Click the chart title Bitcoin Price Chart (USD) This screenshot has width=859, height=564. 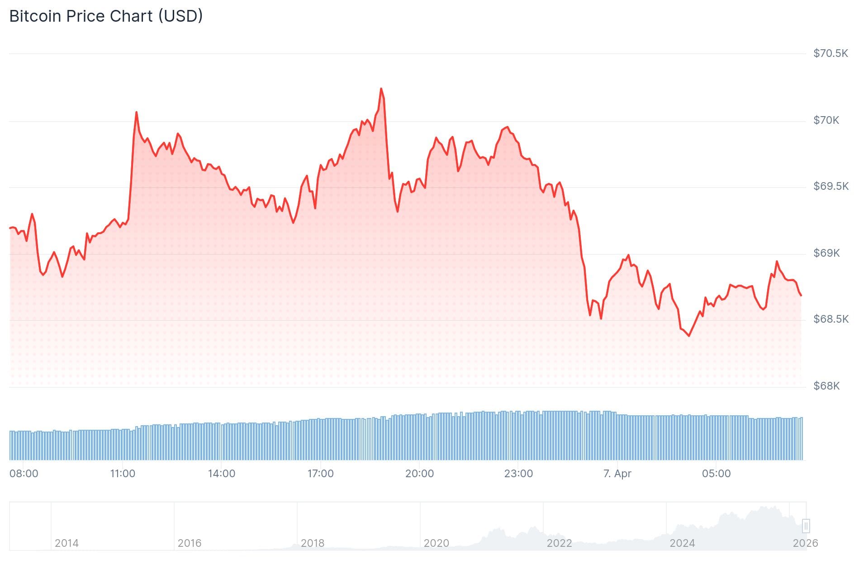(106, 16)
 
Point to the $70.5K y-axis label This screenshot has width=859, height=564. (831, 53)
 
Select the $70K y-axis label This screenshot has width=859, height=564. (826, 120)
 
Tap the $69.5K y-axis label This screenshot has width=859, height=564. (831, 186)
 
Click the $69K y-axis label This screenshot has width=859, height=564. (826, 253)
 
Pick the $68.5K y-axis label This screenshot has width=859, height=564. (831, 319)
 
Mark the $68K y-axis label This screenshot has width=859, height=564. (826, 386)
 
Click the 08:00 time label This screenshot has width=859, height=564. (24, 474)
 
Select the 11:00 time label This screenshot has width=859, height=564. (123, 474)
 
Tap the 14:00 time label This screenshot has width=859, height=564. (222, 474)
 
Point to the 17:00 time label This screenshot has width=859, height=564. (320, 474)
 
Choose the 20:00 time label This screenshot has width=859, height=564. (419, 474)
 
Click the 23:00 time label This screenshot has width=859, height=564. (518, 474)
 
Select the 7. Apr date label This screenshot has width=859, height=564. (617, 474)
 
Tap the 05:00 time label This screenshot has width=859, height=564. (716, 474)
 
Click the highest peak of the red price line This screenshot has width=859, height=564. (381, 89)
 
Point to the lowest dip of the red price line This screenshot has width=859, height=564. (689, 336)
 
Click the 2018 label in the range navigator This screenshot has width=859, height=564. (313, 543)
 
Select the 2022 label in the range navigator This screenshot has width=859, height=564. (559, 543)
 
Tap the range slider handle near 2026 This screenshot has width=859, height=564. (806, 526)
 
